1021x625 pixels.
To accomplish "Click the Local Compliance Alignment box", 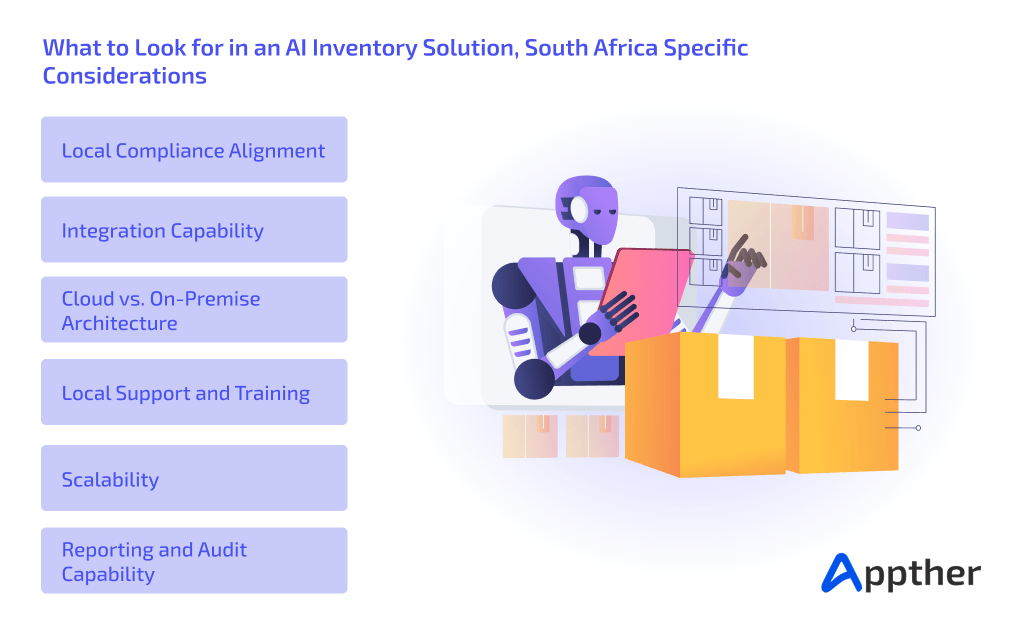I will point(194,150).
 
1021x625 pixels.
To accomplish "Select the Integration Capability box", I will point(194,230).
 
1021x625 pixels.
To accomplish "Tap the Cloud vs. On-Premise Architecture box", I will point(194,310).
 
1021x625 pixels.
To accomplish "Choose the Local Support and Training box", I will point(194,393).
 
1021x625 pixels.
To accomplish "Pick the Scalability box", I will point(194,479).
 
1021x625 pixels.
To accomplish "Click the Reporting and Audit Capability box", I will point(194,561).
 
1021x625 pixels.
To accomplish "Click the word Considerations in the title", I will point(124,75).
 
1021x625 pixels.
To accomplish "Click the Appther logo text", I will point(921,573).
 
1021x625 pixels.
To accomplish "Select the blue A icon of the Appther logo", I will point(839,573).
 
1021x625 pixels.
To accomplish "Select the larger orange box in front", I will point(705,405).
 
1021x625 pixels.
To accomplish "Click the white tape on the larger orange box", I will point(735,366).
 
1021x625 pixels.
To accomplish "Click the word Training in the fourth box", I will point(272,393).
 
